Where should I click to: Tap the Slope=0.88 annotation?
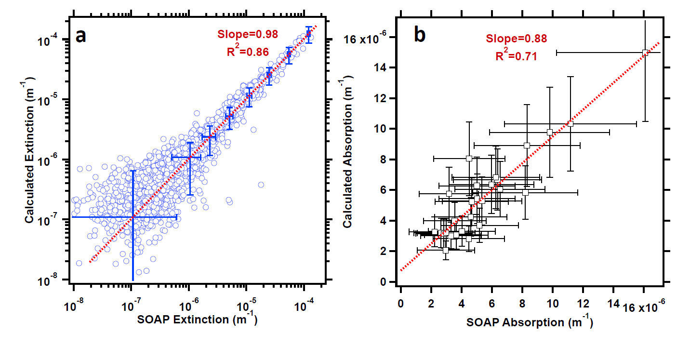[x=516, y=39]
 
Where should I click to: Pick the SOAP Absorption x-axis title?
[x=530, y=323]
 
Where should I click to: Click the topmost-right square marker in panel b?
[x=645, y=53]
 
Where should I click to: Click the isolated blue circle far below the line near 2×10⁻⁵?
[x=261, y=185]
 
